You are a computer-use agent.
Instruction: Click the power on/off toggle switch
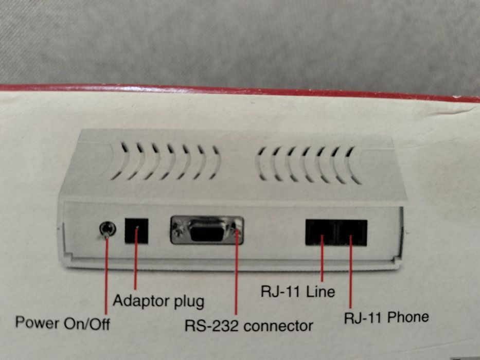(106, 230)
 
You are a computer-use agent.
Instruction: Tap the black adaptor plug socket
(136, 231)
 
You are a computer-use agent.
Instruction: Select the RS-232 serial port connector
(207, 230)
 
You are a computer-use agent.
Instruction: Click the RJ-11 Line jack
(321, 232)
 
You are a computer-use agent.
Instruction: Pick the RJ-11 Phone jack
(351, 232)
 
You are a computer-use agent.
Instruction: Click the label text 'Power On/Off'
(63, 323)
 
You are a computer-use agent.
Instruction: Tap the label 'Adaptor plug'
(158, 300)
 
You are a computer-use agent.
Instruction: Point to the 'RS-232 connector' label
(249, 326)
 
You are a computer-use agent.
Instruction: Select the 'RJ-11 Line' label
(297, 292)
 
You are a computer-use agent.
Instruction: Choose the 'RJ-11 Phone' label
(386, 317)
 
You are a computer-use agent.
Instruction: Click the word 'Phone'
(408, 317)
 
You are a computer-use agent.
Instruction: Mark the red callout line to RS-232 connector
(237, 278)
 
